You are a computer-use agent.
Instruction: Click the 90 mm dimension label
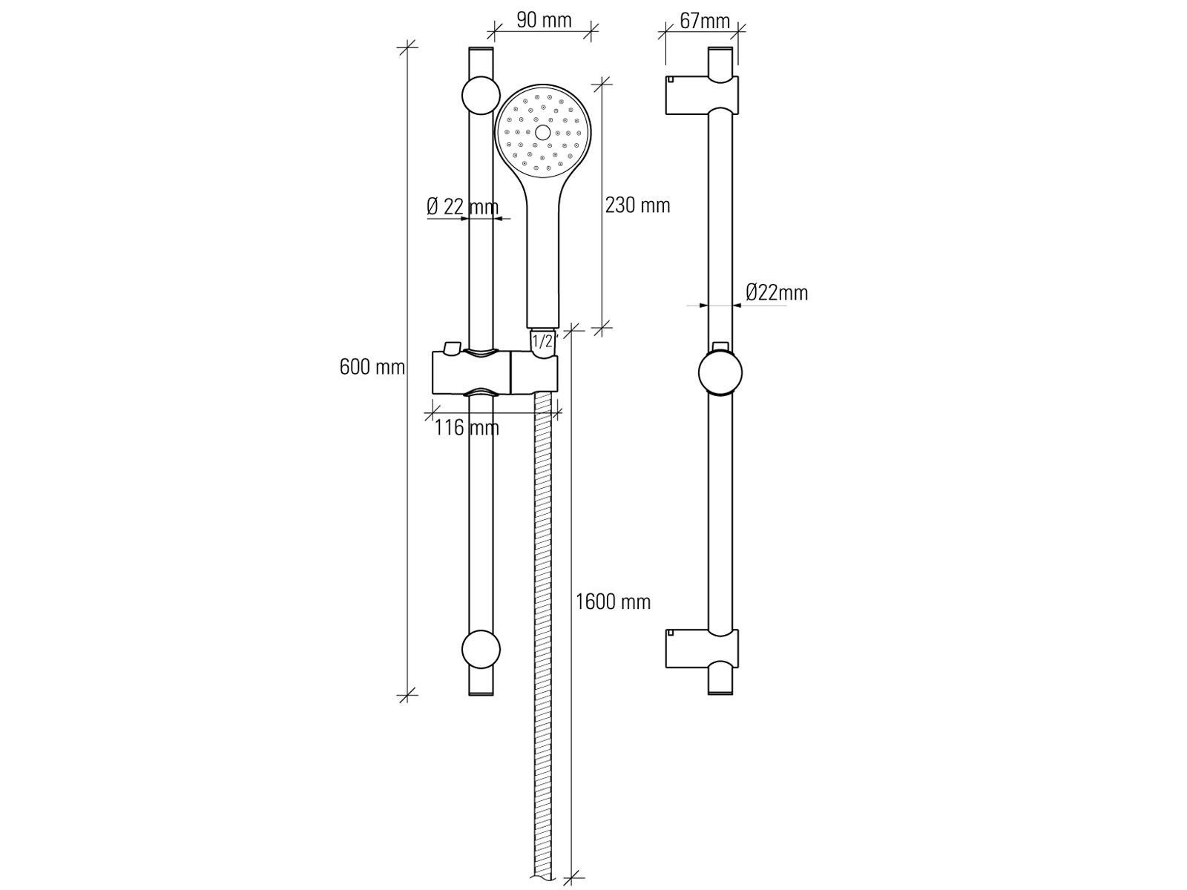click(x=544, y=20)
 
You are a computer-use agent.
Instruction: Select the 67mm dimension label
click(x=705, y=21)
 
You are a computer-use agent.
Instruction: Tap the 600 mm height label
click(x=372, y=367)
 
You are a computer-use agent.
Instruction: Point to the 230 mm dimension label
click(x=637, y=205)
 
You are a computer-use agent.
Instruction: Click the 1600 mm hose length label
click(x=613, y=602)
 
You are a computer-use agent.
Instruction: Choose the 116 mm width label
click(x=467, y=427)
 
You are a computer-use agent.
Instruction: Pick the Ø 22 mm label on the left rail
click(x=462, y=206)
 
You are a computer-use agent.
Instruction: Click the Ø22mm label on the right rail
click(x=777, y=293)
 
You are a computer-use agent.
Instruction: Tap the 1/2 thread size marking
click(x=543, y=341)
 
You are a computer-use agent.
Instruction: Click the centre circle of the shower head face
click(x=542, y=133)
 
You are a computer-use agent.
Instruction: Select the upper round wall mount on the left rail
click(x=481, y=96)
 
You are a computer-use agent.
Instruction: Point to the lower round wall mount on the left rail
click(x=481, y=648)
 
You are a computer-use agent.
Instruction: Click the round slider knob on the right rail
click(x=720, y=373)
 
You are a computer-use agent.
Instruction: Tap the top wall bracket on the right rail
click(x=702, y=96)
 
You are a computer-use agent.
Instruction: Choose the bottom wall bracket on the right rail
click(x=702, y=648)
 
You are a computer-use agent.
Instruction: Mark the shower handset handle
click(x=543, y=260)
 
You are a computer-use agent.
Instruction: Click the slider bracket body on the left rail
click(x=495, y=372)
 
